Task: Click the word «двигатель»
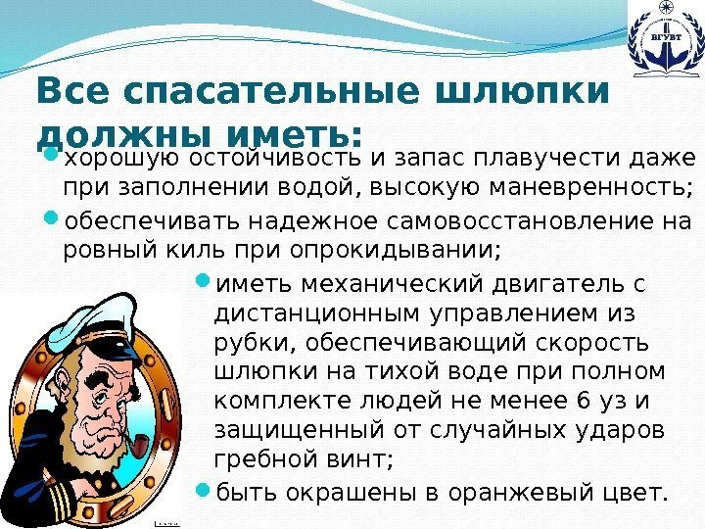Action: (x=536, y=284)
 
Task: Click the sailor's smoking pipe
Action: (x=140, y=457)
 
